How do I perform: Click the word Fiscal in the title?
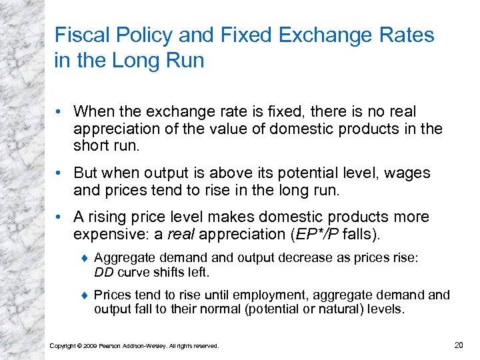[79, 35]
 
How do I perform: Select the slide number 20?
[458, 344]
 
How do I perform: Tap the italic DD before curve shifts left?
[104, 272]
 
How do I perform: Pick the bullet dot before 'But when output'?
[61, 173]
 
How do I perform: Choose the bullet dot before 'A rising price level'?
[61, 217]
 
